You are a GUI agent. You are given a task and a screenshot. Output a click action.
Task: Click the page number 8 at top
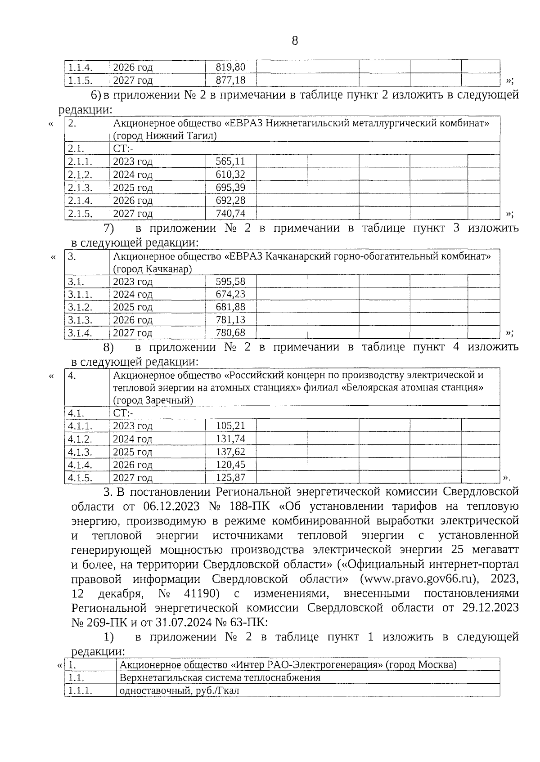coord(295,41)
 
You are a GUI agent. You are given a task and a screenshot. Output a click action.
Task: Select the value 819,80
coord(230,67)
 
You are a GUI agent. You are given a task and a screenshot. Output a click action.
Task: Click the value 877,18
coord(230,81)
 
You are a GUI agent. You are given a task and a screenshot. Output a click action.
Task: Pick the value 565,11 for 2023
coord(230,161)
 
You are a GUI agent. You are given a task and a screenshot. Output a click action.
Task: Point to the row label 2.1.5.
coord(80,214)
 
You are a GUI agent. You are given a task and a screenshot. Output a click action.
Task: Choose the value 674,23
coord(230,295)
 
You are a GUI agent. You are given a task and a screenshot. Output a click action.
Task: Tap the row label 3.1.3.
coord(80,320)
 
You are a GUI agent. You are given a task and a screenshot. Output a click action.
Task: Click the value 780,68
coord(230,333)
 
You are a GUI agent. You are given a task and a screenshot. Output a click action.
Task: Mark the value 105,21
coord(230,426)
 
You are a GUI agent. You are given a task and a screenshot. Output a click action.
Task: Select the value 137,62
coord(230,452)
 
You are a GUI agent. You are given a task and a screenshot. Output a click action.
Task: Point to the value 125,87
coord(230,478)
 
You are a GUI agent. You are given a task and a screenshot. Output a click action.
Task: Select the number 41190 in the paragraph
coord(202,594)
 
